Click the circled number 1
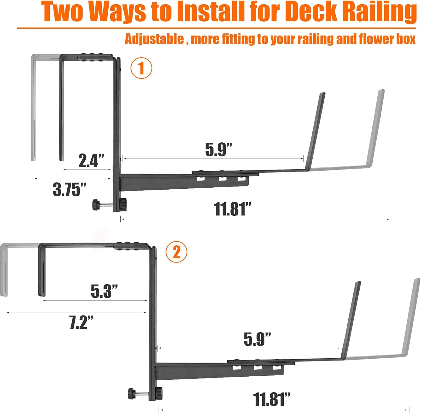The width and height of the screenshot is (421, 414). pos(141,68)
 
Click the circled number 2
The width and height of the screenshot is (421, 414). pos(176,252)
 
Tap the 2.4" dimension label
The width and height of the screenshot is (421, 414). pos(91,160)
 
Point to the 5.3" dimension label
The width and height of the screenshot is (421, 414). pos(104,291)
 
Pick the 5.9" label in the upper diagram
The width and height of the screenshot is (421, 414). pos(219,149)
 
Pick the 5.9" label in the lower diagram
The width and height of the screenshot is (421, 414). pos(257,339)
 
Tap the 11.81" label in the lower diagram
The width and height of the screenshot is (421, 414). pos(271,399)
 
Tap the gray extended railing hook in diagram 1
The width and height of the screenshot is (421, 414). pos(33,107)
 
